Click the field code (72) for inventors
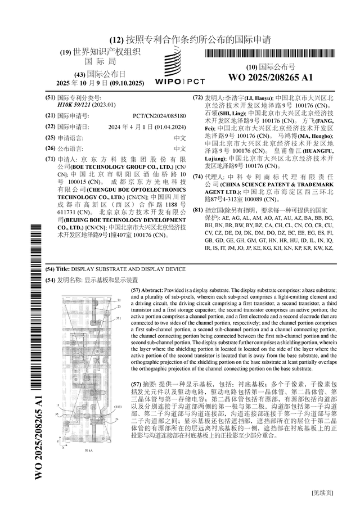pyautogui.click(x=197, y=97)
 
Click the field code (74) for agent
pyautogui.click(x=197, y=177)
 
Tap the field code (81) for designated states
pyautogui.click(x=197, y=210)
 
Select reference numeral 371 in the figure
pyautogui.click(x=119, y=318)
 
